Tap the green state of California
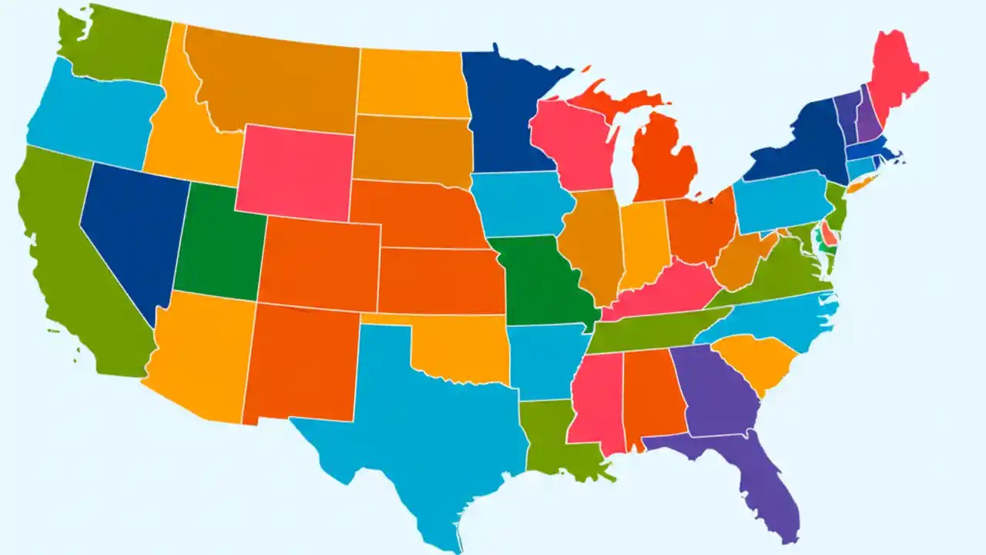(69, 262)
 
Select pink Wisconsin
(574, 143)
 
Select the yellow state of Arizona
(200, 355)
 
